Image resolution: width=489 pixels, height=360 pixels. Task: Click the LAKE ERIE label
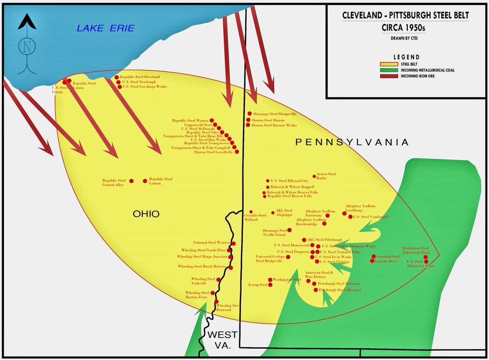[105, 28]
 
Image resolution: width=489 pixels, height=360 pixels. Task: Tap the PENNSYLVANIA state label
[352, 142]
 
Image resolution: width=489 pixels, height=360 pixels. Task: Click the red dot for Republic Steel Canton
[145, 181]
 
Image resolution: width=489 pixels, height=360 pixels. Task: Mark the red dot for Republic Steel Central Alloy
[131, 181]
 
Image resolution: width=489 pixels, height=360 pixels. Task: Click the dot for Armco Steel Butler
[314, 177]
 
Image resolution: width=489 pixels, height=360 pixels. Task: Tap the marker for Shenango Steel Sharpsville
[249, 114]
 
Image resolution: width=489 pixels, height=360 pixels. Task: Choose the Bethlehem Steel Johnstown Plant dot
[426, 256]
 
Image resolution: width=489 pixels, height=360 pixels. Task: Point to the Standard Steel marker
[373, 257]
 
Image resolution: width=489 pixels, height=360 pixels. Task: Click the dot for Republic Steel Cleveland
[117, 77]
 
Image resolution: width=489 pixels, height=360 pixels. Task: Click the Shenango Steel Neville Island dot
[290, 230]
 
